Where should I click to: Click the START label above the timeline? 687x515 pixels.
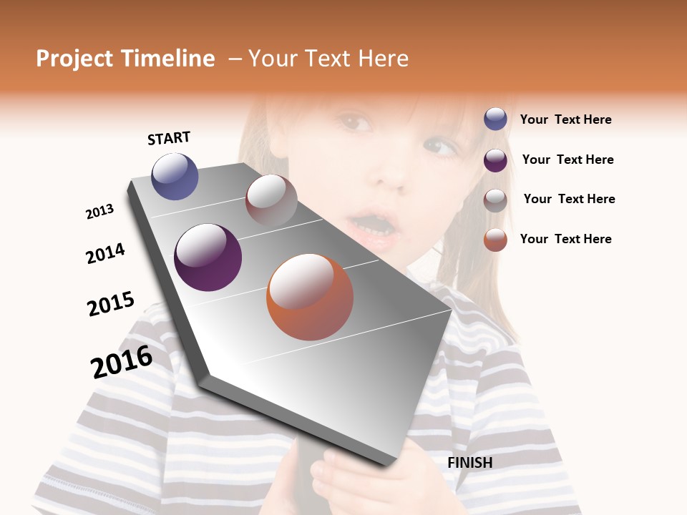click(x=169, y=138)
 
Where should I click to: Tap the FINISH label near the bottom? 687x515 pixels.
click(x=469, y=463)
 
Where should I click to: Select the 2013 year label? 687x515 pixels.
click(x=99, y=212)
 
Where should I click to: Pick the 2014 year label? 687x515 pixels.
click(x=105, y=253)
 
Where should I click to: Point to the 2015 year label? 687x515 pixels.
click(x=111, y=303)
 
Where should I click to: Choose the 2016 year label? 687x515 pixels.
click(x=122, y=362)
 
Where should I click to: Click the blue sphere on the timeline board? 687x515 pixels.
click(x=175, y=176)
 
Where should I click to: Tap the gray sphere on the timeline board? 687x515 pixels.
click(x=271, y=200)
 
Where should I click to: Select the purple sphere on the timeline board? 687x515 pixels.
click(x=208, y=257)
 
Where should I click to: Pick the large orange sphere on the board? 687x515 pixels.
click(x=310, y=297)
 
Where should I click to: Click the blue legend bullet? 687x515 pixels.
click(x=495, y=119)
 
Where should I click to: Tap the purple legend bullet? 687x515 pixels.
click(x=495, y=160)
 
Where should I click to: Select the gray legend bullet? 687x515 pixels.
click(x=495, y=200)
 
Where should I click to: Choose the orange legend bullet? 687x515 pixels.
click(x=495, y=240)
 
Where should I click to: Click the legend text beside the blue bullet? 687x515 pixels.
click(x=565, y=119)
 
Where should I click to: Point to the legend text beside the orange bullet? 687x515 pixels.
click(x=565, y=239)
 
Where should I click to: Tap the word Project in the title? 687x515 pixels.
click(x=75, y=59)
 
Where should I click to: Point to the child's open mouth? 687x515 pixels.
click(x=372, y=225)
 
